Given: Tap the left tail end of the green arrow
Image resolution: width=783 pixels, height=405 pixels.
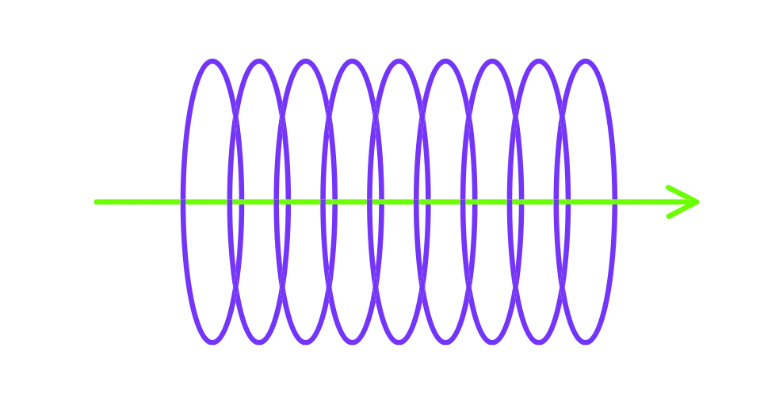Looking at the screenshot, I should click(x=93, y=202).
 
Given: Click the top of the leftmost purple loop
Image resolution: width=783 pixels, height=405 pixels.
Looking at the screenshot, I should click(x=211, y=61).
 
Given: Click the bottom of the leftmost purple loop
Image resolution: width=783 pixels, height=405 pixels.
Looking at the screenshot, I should click(x=211, y=343).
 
